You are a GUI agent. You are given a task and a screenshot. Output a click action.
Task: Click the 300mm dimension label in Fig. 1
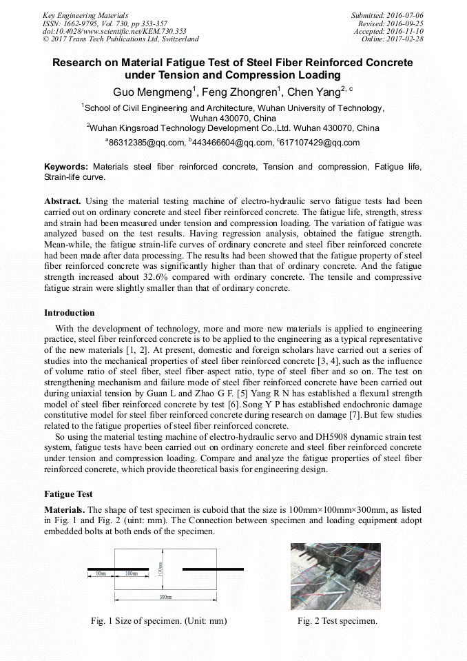165,597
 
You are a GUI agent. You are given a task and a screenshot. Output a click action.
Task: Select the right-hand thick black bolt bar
212,569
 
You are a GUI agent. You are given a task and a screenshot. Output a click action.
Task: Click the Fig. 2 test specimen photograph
336,576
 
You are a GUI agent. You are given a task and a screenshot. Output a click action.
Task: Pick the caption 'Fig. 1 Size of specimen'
158,621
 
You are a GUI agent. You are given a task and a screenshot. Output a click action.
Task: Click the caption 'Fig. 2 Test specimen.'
337,621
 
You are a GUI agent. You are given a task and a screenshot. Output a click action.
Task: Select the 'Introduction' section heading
70,313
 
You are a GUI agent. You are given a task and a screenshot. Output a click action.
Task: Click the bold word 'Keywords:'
66,167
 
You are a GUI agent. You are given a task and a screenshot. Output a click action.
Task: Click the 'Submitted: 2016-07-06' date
387,15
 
